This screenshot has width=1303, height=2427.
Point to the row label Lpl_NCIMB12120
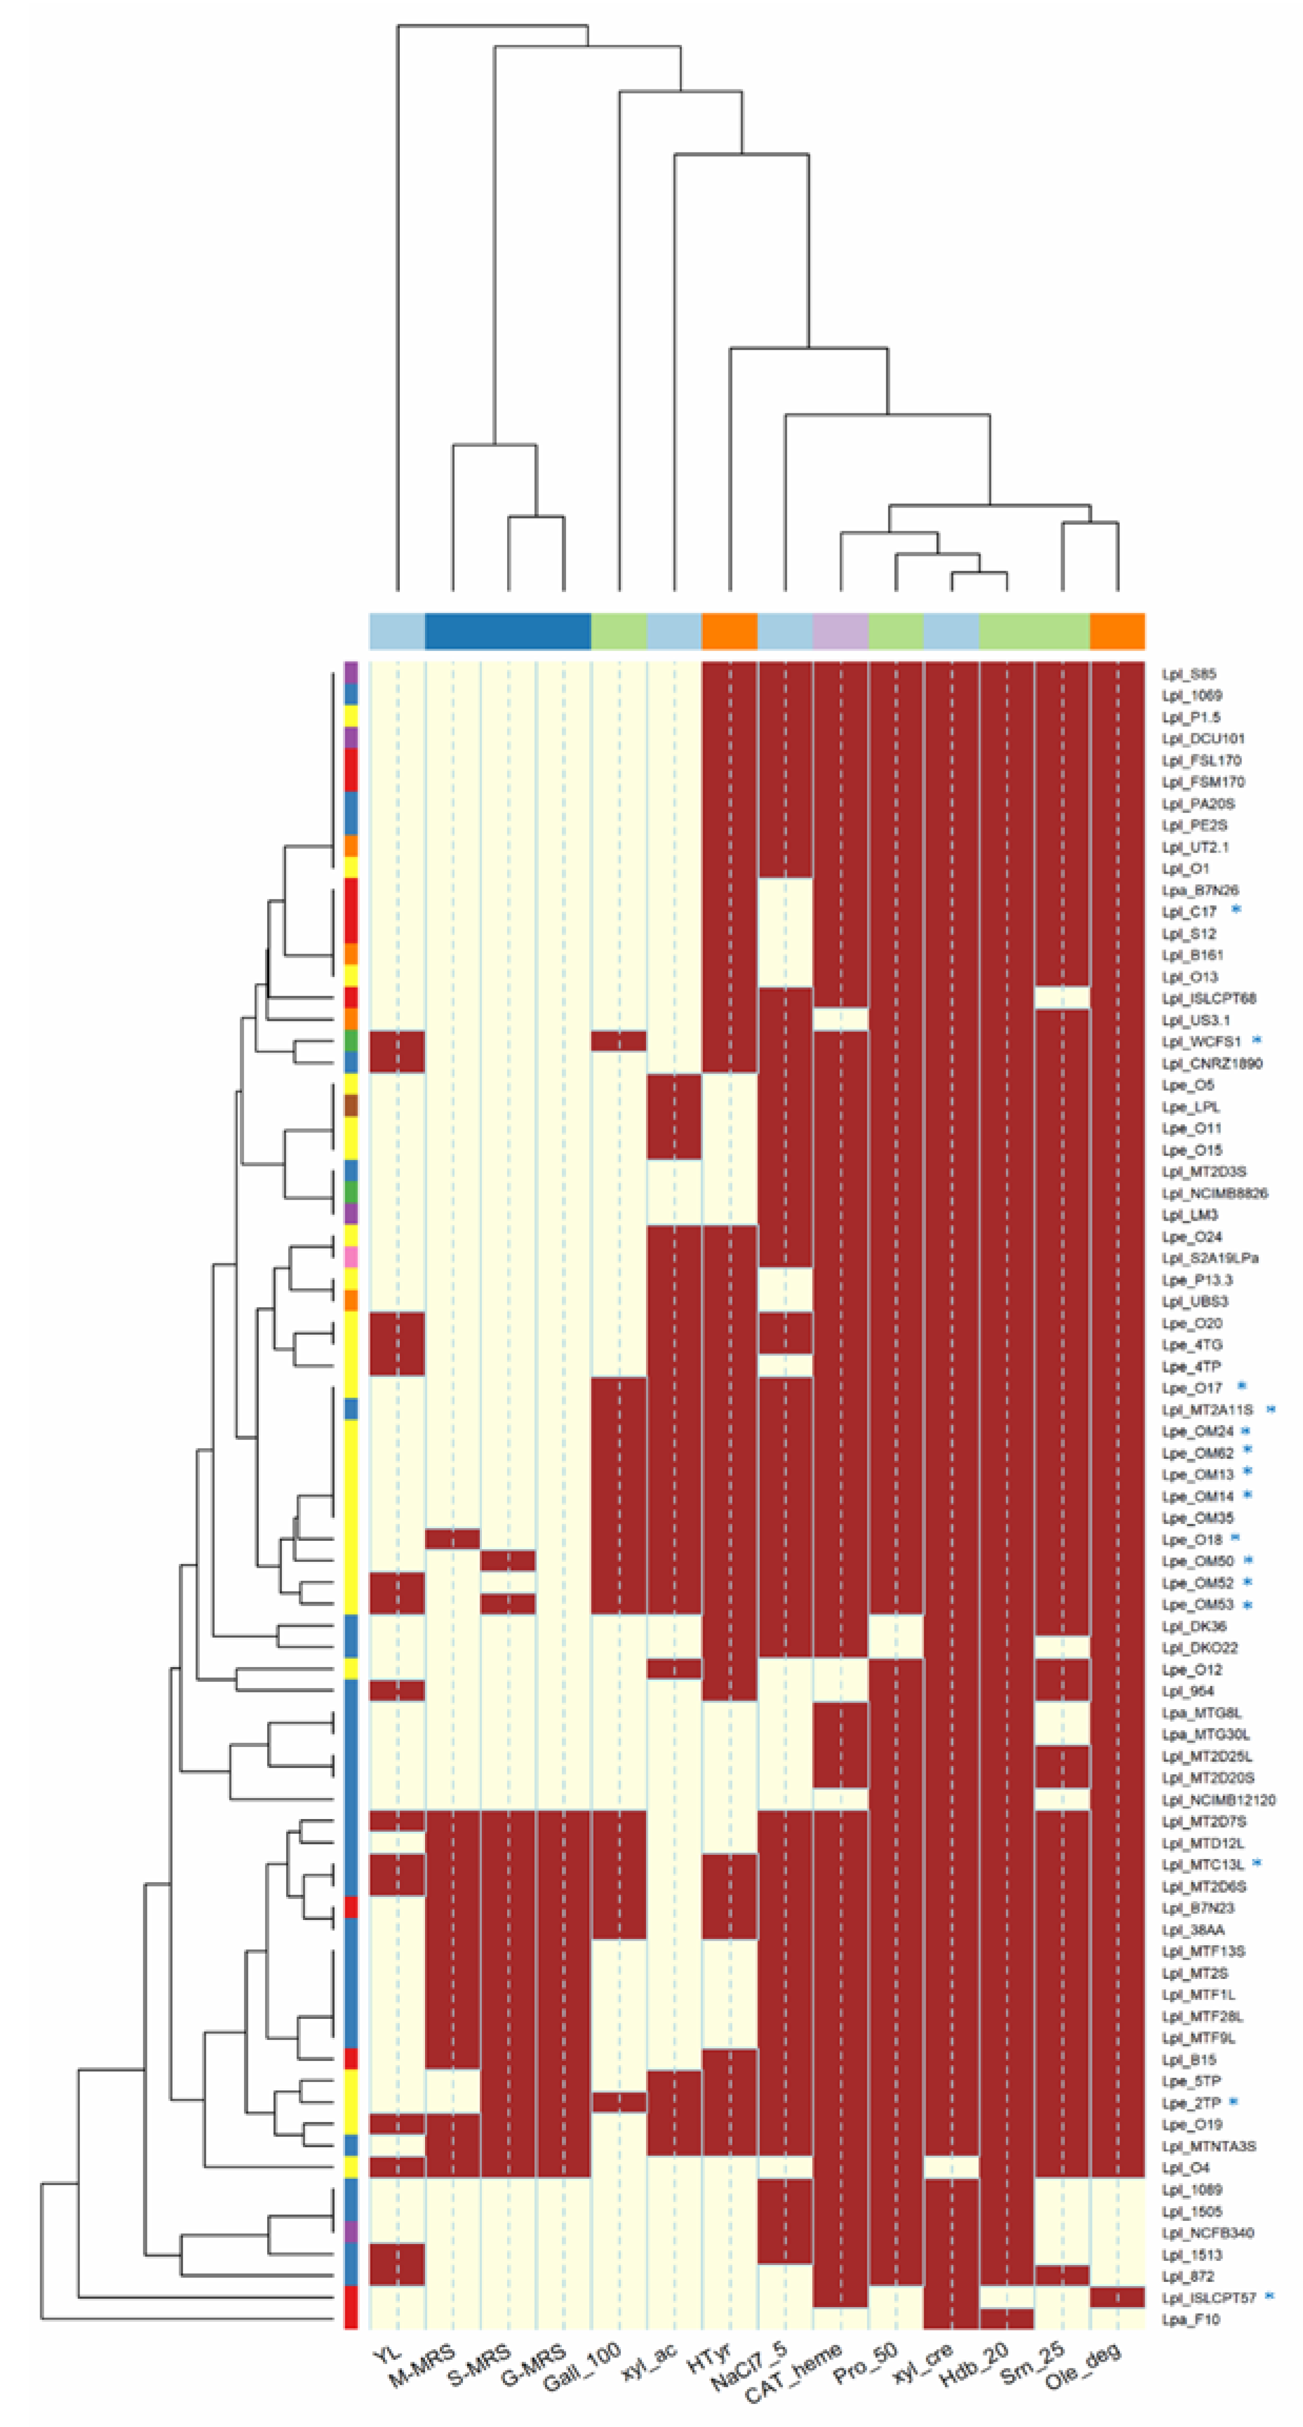(x=1217, y=1800)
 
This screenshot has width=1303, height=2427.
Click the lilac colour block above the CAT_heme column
(x=840, y=631)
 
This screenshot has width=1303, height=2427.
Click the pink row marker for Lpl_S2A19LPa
(x=350, y=1258)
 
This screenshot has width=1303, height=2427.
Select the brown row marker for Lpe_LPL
(x=350, y=1106)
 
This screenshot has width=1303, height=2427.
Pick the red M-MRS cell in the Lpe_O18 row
(x=452, y=1539)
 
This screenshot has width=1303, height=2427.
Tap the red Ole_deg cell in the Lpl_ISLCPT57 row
(x=1117, y=2297)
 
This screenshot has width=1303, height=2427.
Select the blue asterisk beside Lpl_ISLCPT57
(x=1269, y=2296)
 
